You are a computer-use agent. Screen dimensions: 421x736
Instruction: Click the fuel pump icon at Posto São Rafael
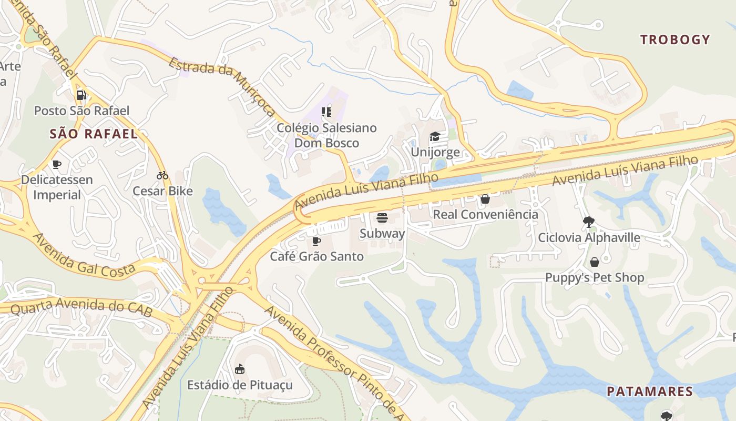[x=81, y=95]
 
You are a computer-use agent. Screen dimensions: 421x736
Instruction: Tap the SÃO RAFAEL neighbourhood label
[x=94, y=134]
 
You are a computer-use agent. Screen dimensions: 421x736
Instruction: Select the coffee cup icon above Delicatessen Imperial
[x=57, y=164]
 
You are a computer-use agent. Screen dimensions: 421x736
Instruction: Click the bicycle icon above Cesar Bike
[x=162, y=175]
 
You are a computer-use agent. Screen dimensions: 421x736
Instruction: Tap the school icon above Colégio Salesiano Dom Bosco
[x=326, y=112]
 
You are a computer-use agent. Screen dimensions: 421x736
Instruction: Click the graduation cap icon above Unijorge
[x=435, y=137]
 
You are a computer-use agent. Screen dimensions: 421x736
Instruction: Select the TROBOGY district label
[x=675, y=39]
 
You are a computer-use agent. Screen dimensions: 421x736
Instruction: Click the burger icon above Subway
[x=382, y=218]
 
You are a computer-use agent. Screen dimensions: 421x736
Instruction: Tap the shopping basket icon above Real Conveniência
[x=485, y=199]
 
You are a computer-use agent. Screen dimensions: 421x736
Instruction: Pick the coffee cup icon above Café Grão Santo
[x=316, y=241]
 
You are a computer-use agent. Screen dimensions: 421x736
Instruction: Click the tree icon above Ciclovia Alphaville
[x=589, y=222]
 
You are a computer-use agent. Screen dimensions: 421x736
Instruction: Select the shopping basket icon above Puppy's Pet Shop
[x=595, y=262]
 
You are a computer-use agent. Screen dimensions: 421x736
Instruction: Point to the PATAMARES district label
[x=650, y=392]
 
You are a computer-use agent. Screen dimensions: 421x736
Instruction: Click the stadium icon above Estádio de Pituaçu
[x=240, y=369]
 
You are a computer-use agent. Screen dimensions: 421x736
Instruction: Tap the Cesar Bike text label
[x=162, y=191]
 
